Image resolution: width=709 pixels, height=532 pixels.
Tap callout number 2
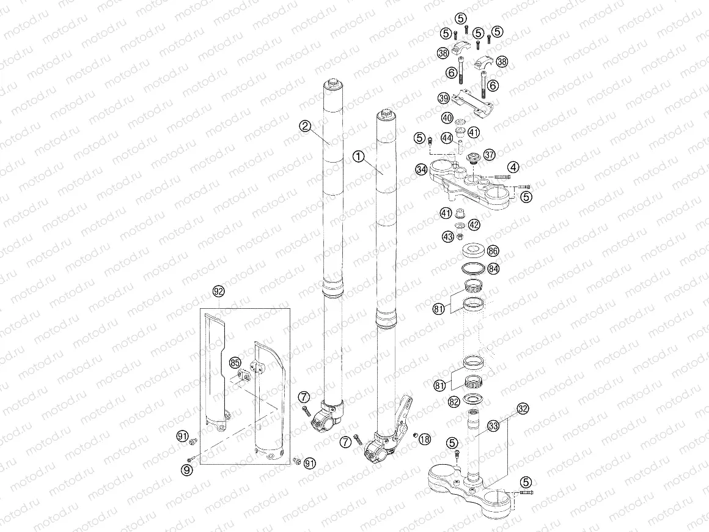click(306, 126)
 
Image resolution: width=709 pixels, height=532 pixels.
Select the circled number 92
click(218, 292)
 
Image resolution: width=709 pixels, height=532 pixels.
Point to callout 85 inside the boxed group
click(235, 363)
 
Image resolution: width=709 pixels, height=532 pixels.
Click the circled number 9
click(186, 468)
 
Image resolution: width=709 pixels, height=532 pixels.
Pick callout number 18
click(425, 438)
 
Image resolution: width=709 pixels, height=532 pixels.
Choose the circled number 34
click(421, 169)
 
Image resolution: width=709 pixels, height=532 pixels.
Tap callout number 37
click(489, 155)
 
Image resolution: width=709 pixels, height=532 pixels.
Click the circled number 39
click(444, 98)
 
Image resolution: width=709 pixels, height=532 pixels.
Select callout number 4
click(513, 166)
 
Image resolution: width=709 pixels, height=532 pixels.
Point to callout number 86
click(493, 251)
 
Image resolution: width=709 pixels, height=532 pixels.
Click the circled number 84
click(493, 268)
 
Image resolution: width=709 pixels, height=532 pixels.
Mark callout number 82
click(454, 401)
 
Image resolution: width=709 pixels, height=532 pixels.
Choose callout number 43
click(448, 236)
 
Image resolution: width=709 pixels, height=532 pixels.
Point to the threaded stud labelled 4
click(500, 177)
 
